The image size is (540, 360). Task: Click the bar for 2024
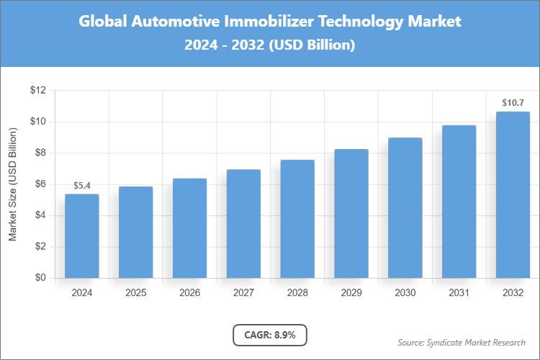[82, 236]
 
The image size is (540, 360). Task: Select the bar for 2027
[243, 224]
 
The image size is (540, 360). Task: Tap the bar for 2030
[405, 208]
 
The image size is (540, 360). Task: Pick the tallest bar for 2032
[513, 194]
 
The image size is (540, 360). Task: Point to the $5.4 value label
[82, 186]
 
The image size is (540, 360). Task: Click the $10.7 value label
[513, 104]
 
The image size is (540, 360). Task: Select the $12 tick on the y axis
[37, 91]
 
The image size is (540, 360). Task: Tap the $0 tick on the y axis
[40, 278]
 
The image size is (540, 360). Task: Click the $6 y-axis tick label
[40, 184]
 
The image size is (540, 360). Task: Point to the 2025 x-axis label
[136, 293]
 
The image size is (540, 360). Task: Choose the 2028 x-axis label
[297, 293]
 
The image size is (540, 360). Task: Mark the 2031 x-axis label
[459, 293]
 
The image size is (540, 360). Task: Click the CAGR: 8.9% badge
[270, 335]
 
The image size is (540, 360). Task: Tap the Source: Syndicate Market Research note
[462, 342]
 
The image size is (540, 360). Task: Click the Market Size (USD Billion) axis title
[13, 184]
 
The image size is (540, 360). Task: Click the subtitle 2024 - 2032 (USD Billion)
[270, 45]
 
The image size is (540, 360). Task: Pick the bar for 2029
[351, 214]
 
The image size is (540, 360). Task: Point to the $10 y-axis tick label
[37, 122]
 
